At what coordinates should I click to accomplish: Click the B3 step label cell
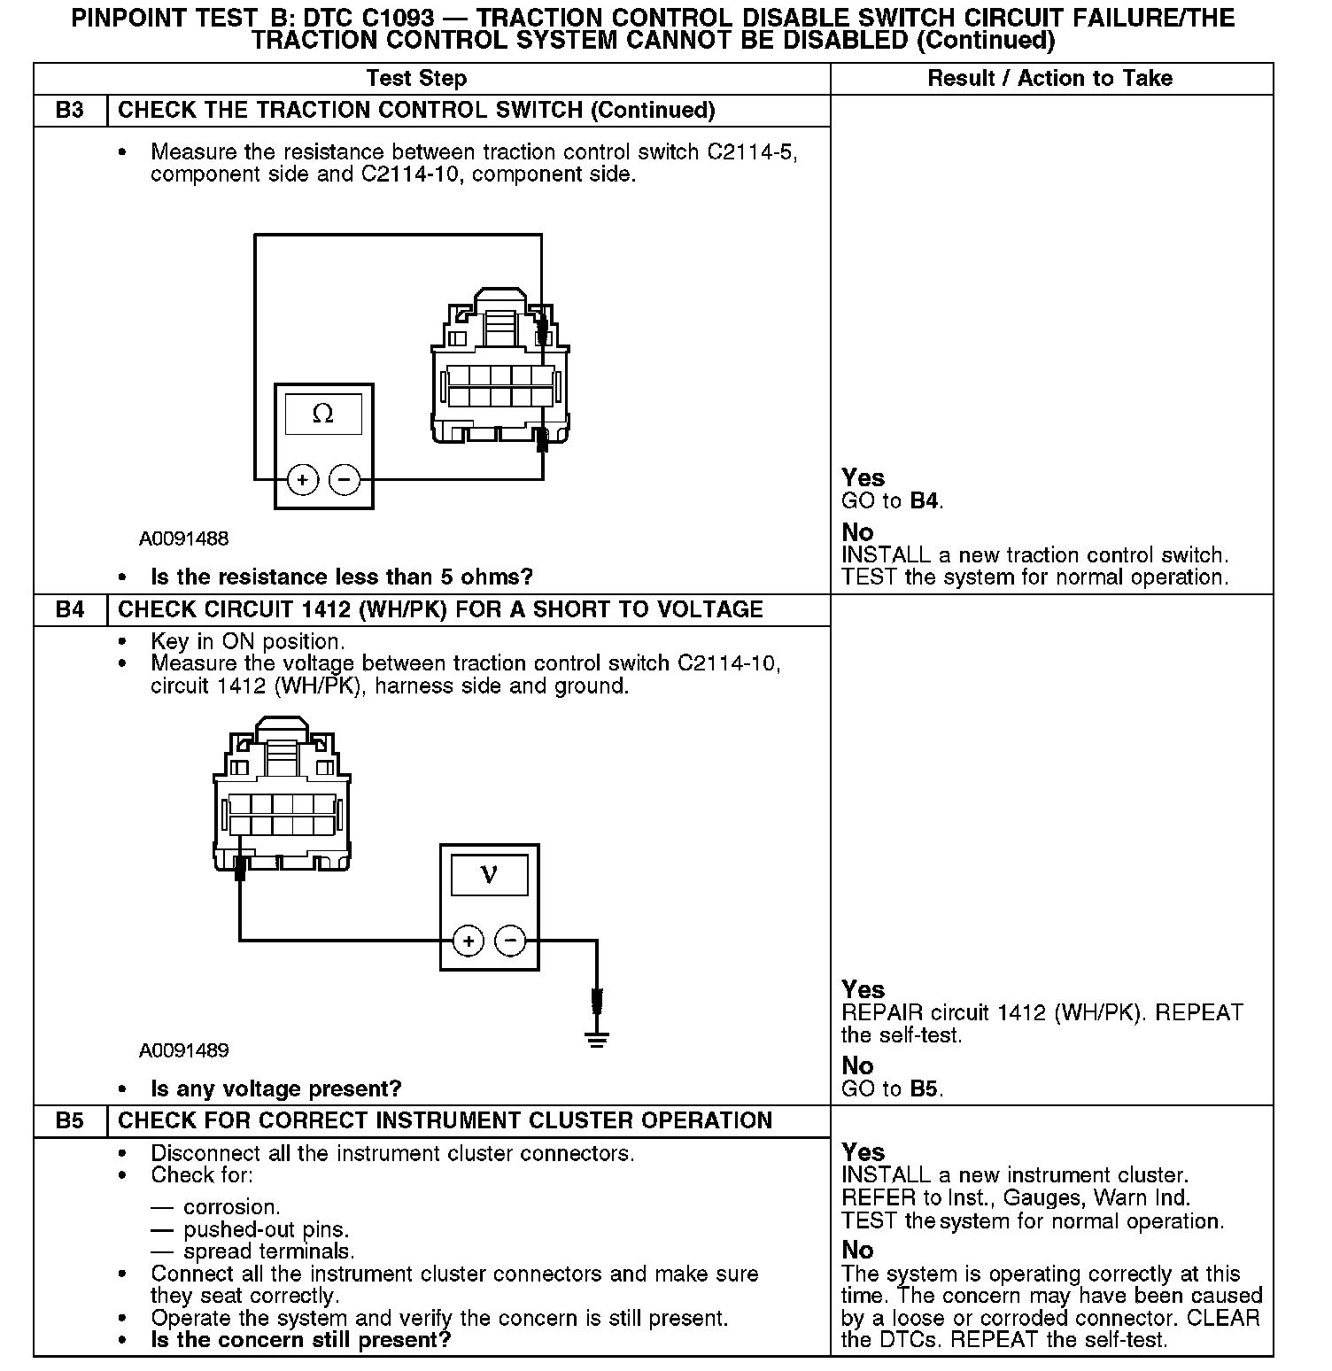coord(70,111)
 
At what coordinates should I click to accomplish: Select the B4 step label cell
coord(70,609)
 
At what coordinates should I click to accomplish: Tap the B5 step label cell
coord(70,1120)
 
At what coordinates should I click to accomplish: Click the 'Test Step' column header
coord(416,78)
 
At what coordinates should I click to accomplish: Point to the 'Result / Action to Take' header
coord(1049,78)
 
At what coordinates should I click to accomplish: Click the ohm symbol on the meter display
coord(323,414)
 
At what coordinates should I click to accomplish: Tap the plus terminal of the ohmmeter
coord(303,480)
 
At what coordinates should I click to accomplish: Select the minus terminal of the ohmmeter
coord(345,480)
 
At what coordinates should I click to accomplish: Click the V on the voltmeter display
coord(489,875)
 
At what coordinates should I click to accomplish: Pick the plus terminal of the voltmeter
coord(469,940)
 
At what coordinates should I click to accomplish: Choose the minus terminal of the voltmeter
coord(510,940)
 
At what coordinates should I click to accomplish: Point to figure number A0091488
coord(183,538)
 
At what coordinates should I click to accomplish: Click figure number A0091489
coord(183,1050)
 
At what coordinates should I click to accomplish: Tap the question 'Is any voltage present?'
coord(276,1088)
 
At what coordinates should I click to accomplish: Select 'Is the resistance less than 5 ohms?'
coord(342,577)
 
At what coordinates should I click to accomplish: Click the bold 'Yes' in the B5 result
coord(863,1152)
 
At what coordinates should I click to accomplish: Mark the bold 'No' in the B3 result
coord(857,532)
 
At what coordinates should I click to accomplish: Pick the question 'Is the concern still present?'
coord(301,1339)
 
